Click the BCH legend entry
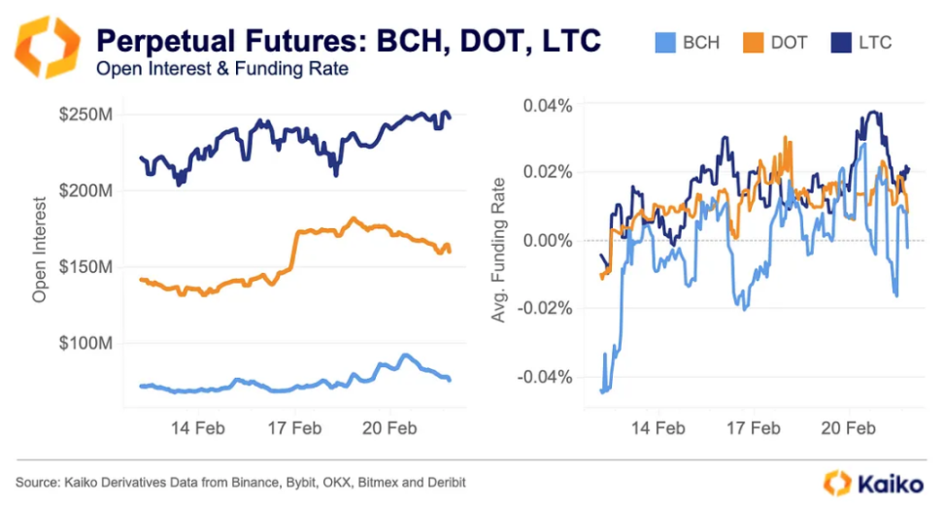point(688,43)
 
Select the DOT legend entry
point(778,43)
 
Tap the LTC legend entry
point(861,43)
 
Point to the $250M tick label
point(84,115)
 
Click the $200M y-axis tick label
point(84,190)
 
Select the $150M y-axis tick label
point(84,267)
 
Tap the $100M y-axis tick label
point(84,343)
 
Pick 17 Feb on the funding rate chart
point(754,427)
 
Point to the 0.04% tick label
point(549,104)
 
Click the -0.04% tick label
point(547,377)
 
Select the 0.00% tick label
point(549,240)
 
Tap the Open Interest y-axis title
point(40,250)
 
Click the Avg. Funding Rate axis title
point(498,250)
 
